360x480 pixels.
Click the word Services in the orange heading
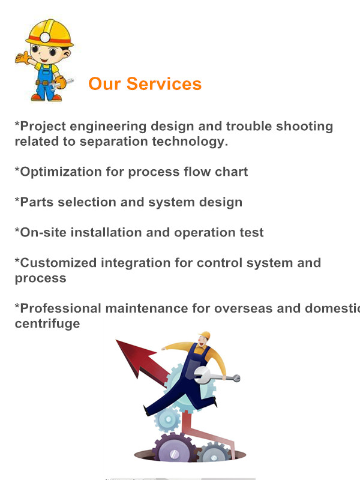coord(164,83)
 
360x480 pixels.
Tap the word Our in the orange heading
coord(104,83)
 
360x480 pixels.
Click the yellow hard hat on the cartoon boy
coord(50,33)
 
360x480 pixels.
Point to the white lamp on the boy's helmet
coord(45,37)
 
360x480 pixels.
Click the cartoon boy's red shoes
coord(46,98)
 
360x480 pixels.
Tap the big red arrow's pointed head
coord(132,356)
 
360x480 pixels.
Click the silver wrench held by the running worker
coord(217,376)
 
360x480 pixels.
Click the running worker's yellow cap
coord(205,335)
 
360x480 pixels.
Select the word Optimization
coord(61,172)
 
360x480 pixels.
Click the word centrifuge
coord(47,324)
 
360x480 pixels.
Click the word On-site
coord(43,233)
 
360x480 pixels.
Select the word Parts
coord(37,202)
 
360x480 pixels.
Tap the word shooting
coord(305,127)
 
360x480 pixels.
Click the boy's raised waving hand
coord(23,58)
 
